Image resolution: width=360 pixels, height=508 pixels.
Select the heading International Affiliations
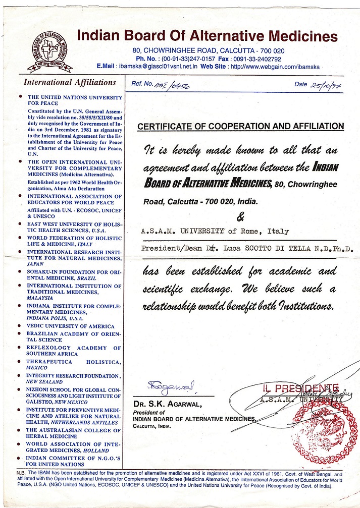(x=70, y=82)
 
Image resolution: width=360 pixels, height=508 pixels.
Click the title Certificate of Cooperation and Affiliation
(x=241, y=126)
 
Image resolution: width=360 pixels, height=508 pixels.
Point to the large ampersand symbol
(x=239, y=217)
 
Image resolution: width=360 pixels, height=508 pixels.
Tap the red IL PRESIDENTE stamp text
(x=293, y=388)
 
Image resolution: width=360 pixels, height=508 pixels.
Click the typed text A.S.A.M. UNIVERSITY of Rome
(x=215, y=232)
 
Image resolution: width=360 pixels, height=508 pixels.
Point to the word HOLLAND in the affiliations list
(x=95, y=450)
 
